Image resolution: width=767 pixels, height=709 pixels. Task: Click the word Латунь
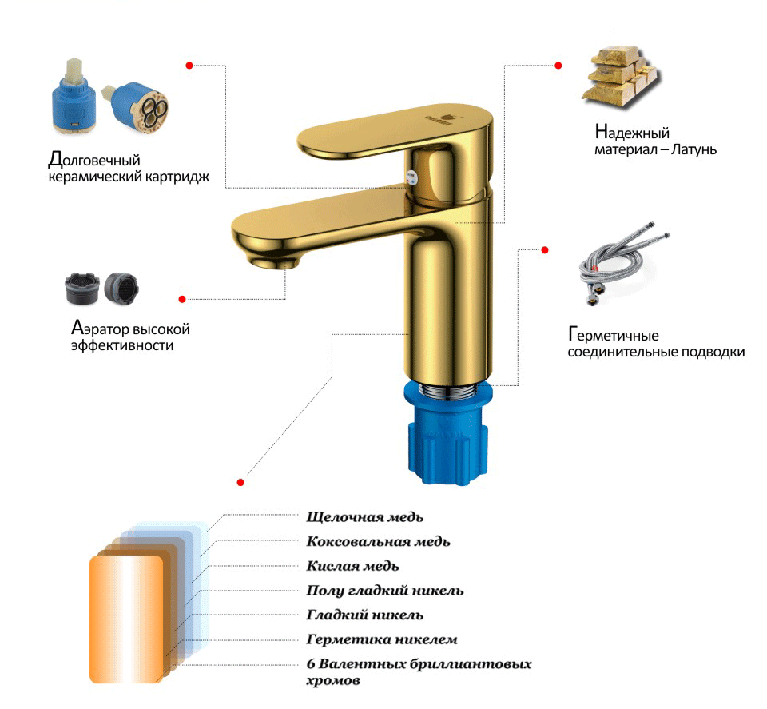tap(693, 149)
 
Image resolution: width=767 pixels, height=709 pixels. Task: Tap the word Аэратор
tap(101, 328)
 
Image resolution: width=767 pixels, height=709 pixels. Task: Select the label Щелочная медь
tap(365, 517)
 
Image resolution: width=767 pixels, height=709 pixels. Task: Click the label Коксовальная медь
tap(378, 542)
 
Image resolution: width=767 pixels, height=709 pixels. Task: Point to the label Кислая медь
tap(352, 566)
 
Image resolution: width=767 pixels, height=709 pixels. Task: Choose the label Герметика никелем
tap(382, 639)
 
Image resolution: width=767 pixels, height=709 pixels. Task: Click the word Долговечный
tap(94, 160)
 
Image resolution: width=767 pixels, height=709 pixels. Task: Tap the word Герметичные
tap(614, 335)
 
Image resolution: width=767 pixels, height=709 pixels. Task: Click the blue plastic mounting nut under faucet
tap(446, 435)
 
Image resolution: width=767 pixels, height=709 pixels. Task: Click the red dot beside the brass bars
tap(558, 65)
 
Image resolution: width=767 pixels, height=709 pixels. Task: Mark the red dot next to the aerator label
tap(182, 299)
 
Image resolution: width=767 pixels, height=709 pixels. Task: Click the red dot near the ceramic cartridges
tap(189, 65)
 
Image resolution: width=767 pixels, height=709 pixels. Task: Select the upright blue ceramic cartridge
tap(74, 97)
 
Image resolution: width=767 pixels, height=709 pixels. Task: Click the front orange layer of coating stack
tap(126, 619)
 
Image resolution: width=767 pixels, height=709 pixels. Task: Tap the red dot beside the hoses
tap(545, 250)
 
